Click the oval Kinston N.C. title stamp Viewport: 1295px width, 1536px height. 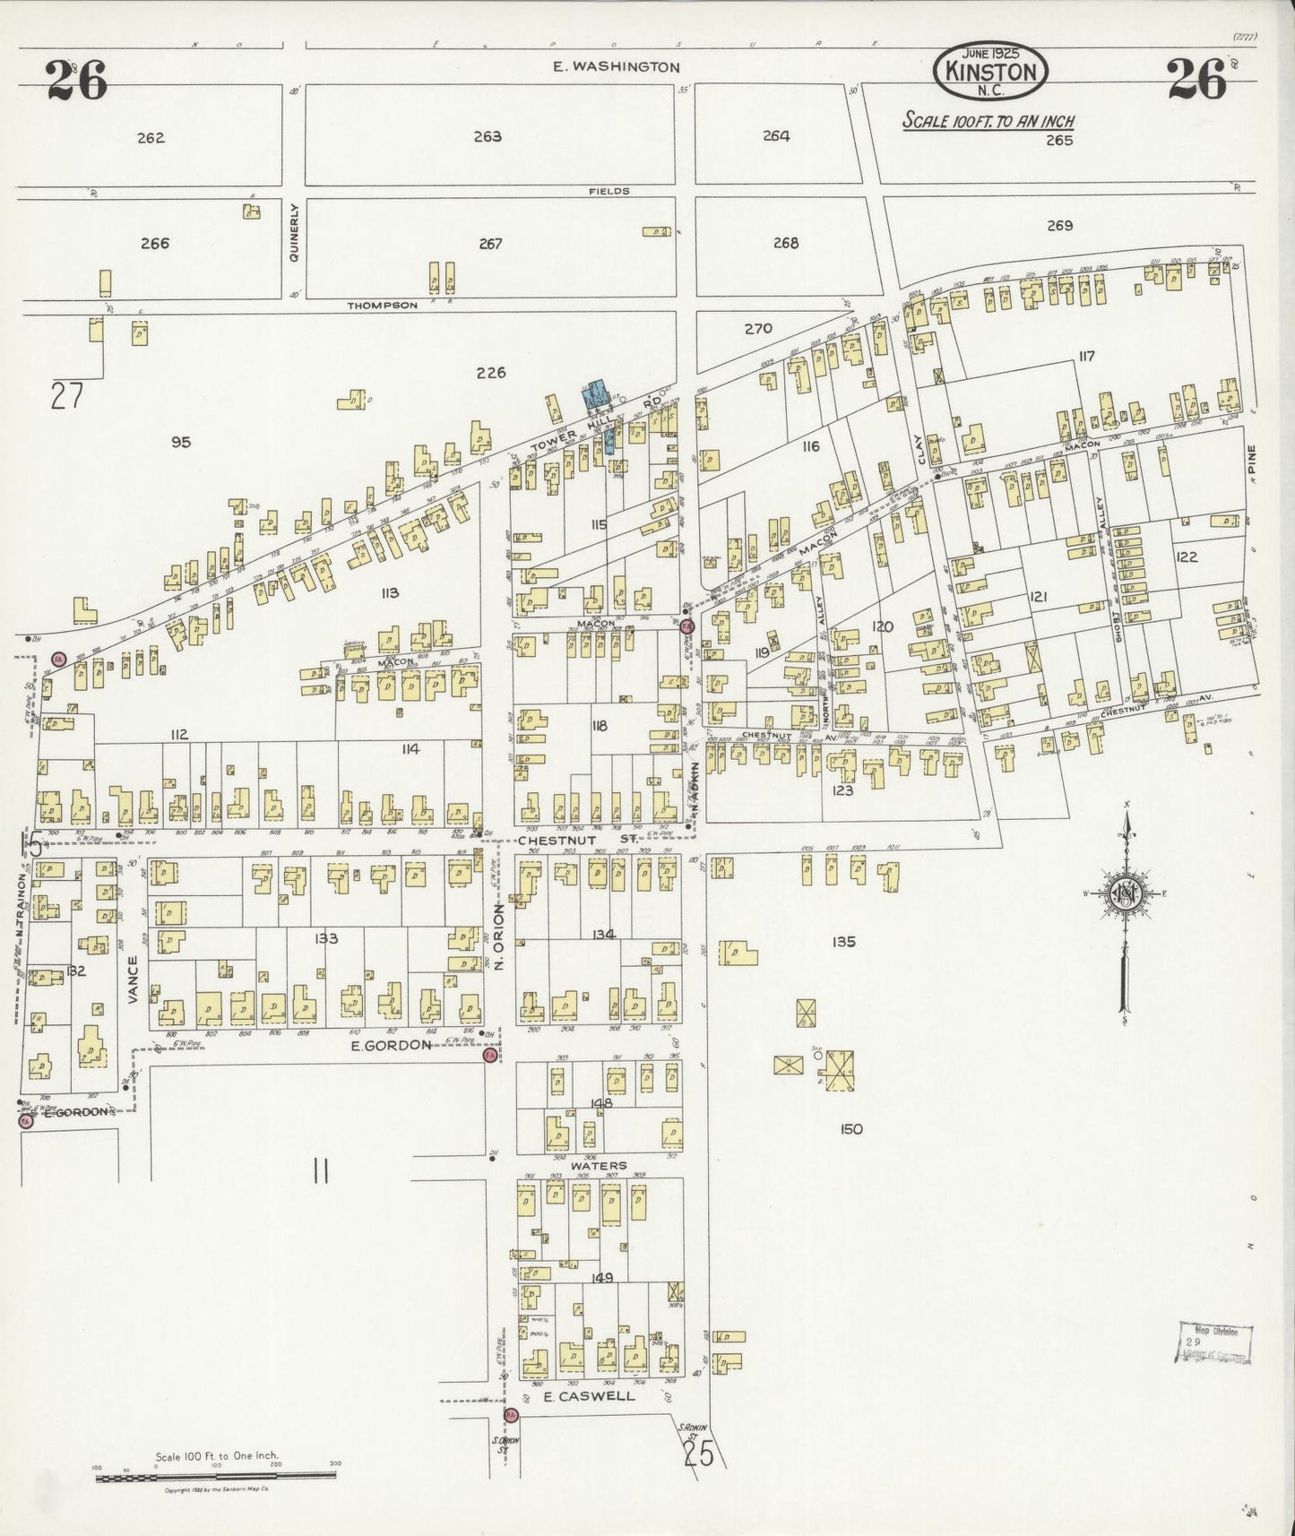pyautogui.click(x=990, y=70)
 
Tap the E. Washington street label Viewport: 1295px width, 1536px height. pyautogui.click(x=616, y=66)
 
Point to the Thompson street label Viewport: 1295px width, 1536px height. pyautogui.click(x=383, y=306)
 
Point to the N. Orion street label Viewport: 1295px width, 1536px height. pyautogui.click(x=500, y=936)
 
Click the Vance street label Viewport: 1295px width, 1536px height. pyautogui.click(x=133, y=979)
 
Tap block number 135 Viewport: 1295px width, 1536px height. pyautogui.click(x=843, y=942)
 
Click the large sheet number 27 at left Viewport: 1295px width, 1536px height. pyautogui.click(x=66, y=395)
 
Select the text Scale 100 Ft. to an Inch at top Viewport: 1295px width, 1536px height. pyautogui.click(x=989, y=122)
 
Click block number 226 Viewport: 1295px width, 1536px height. pyautogui.click(x=491, y=373)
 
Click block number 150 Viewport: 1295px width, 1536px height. pyautogui.click(x=851, y=1129)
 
